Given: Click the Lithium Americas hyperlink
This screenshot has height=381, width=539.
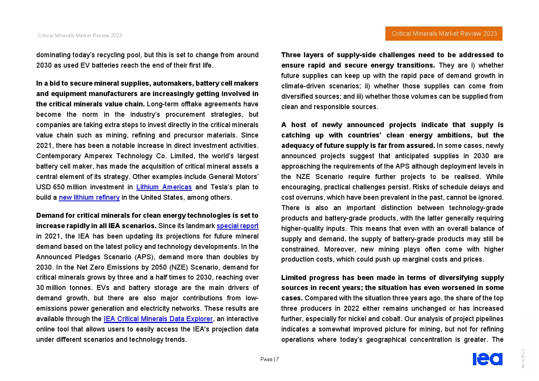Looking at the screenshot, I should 164,187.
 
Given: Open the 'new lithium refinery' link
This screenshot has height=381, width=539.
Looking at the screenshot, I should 89,197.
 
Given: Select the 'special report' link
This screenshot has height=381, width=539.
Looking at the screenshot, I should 237,226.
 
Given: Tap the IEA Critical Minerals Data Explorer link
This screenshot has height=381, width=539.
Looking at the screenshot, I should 158,319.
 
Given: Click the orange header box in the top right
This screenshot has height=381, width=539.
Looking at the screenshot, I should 444,34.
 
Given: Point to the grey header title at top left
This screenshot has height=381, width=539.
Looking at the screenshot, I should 80,36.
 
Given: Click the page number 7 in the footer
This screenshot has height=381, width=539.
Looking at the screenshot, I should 277,359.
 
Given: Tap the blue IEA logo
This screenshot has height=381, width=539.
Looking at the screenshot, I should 487,359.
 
